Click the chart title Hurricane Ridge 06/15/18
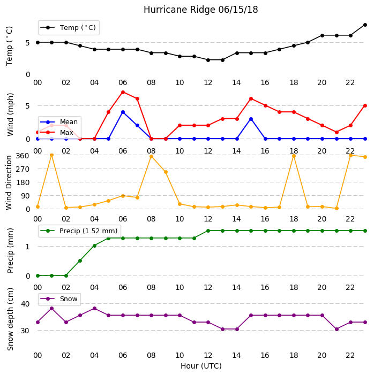coord(200,10)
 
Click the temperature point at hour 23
coord(365,25)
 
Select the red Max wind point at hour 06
coord(123,93)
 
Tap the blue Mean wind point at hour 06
coord(123,112)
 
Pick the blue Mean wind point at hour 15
coord(251,119)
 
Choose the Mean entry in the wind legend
coord(59,122)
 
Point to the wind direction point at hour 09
coord(166,172)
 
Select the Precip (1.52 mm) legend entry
coord(79,231)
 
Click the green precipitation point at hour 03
coord(80,261)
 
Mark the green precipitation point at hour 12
coord(208,231)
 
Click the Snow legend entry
coord(59,299)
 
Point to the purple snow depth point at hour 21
coord(336,330)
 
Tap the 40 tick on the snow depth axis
coord(25,304)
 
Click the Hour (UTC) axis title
coord(201,366)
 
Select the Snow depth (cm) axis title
coord(10,319)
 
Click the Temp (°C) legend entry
coord(68,28)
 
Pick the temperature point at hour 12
coord(208,60)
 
